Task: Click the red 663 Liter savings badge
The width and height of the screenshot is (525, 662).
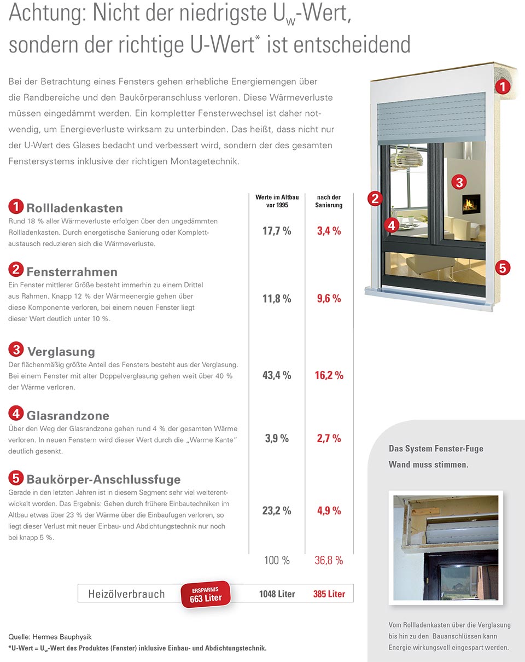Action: (x=206, y=595)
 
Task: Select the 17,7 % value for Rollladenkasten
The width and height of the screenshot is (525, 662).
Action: (x=277, y=231)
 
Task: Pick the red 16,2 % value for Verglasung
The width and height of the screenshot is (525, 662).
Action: (x=329, y=375)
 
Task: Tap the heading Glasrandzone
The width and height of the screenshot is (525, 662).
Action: (x=68, y=415)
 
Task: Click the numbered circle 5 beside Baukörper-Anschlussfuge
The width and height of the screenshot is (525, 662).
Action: (x=16, y=478)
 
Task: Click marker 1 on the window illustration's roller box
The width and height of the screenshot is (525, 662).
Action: (x=503, y=86)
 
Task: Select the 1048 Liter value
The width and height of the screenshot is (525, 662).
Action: (x=277, y=594)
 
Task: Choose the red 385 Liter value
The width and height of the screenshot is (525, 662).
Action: (x=329, y=594)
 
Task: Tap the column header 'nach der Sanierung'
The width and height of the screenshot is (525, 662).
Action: (x=329, y=201)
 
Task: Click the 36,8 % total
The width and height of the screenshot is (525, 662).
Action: (x=329, y=560)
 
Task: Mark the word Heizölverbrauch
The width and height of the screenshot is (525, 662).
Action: (x=126, y=594)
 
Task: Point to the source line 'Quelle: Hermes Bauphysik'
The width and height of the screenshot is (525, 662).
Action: (x=50, y=637)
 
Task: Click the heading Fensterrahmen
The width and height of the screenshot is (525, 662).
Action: (x=72, y=272)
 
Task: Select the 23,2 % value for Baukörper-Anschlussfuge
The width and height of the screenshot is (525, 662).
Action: (x=277, y=510)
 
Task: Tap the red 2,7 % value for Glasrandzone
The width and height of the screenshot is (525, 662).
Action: (x=329, y=438)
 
